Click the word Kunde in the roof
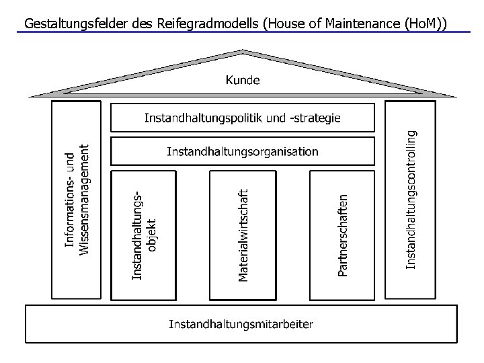click(242, 80)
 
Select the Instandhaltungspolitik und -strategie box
click(242, 118)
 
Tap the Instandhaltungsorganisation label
click(242, 151)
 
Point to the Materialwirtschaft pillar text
click(243, 235)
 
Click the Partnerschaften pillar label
click(342, 235)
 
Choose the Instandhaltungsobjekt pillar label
click(144, 235)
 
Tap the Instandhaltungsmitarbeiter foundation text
click(241, 325)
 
